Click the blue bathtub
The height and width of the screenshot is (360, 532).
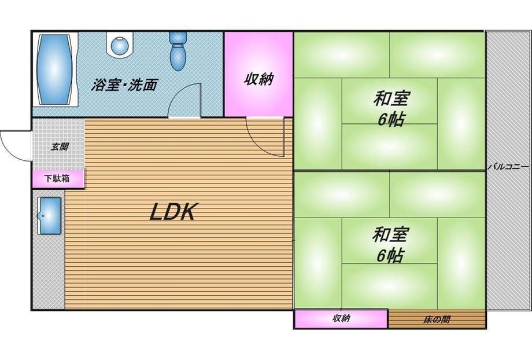click(x=56, y=69)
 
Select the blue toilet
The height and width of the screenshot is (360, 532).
click(x=178, y=50)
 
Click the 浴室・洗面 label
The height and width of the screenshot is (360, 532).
click(x=124, y=85)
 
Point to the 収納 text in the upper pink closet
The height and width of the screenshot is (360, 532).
click(x=258, y=79)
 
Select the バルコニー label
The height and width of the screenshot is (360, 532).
click(x=508, y=166)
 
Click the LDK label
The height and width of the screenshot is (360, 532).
click(x=174, y=212)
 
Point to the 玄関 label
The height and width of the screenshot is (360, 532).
click(x=59, y=146)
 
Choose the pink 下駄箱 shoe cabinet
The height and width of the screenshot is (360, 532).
click(x=58, y=179)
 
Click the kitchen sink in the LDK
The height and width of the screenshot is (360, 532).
click(x=50, y=215)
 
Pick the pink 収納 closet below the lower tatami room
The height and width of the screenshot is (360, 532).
click(x=341, y=318)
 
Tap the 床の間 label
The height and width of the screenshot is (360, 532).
click(x=437, y=319)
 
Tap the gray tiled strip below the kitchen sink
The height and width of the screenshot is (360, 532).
click(x=47, y=272)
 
